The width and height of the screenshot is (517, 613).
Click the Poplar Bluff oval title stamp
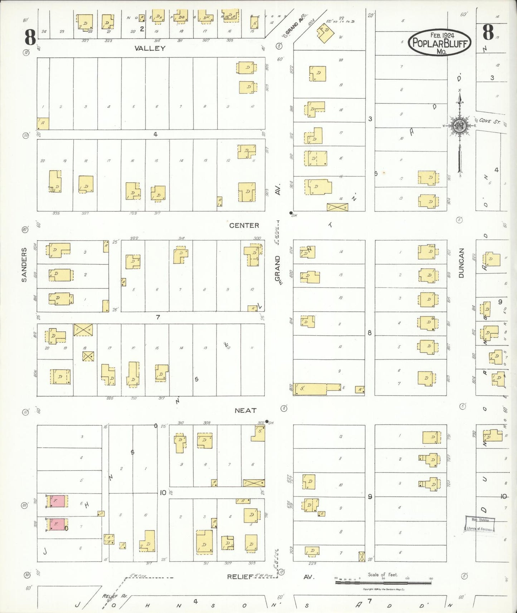pyautogui.click(x=439, y=43)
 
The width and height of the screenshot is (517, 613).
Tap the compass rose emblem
pyautogui.click(x=459, y=126)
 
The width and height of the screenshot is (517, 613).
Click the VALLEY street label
pyautogui.click(x=150, y=48)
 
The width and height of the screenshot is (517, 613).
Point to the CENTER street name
pyautogui.click(x=244, y=225)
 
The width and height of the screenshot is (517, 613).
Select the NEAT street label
pyautogui.click(x=245, y=411)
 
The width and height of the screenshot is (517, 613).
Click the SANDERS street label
pyautogui.click(x=24, y=265)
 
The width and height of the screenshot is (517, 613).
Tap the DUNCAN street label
pyautogui.click(x=461, y=263)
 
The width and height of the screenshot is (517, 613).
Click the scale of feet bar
pyautogui.click(x=384, y=583)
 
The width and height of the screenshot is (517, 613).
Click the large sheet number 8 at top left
pyautogui.click(x=30, y=36)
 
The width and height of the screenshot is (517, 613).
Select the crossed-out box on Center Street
pyautogui.click(x=337, y=207)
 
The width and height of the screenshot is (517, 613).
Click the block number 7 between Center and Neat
pyautogui.click(x=158, y=317)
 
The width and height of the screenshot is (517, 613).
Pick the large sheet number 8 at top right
pyautogui.click(x=488, y=32)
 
